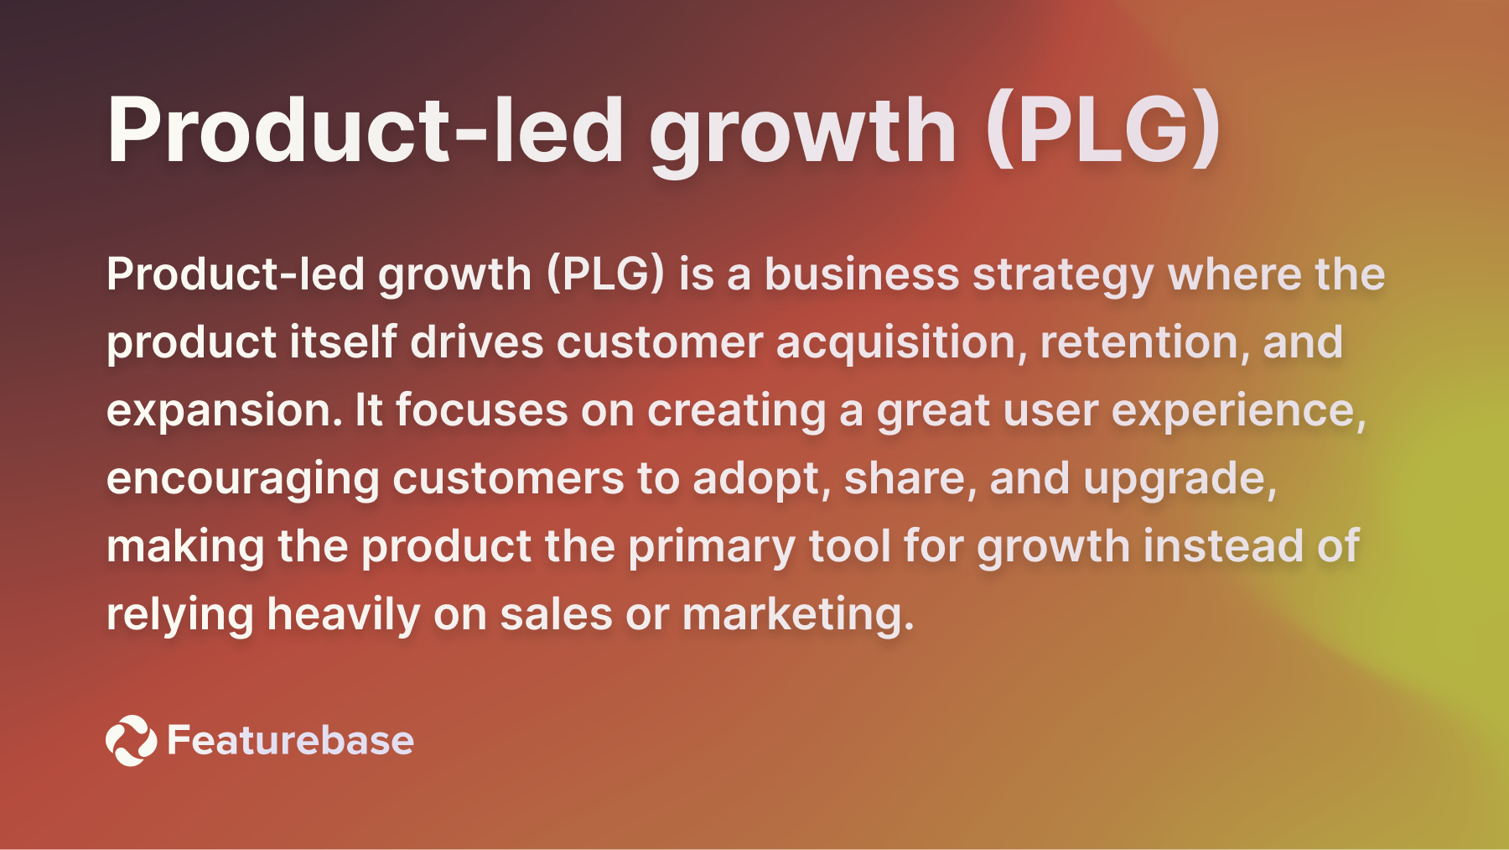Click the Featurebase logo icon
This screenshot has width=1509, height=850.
(131, 740)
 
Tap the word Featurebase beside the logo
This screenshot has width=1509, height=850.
(290, 740)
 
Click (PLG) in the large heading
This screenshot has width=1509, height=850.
(1103, 130)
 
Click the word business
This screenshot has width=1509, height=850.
(862, 274)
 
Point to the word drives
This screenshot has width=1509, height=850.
(476, 342)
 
